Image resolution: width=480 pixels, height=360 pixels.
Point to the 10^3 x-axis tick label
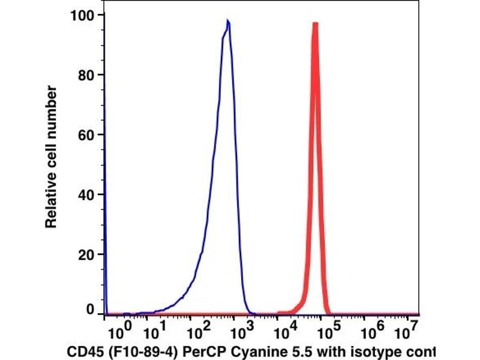pyautogui.click(x=240, y=329)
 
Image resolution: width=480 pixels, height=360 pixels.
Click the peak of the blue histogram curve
pyautogui.click(x=228, y=21)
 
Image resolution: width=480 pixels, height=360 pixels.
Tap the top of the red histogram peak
pyautogui.click(x=315, y=24)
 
